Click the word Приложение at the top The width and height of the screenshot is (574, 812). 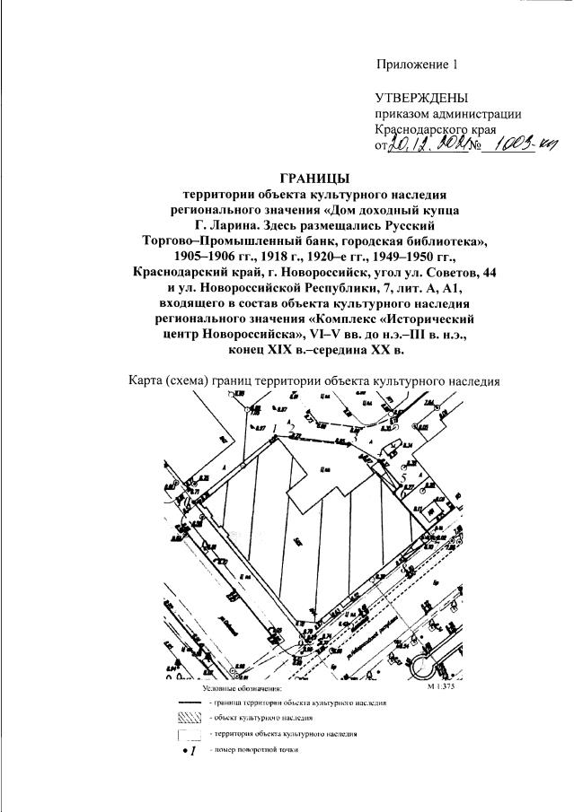(x=411, y=64)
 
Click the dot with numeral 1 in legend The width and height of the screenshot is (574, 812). (x=189, y=750)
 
